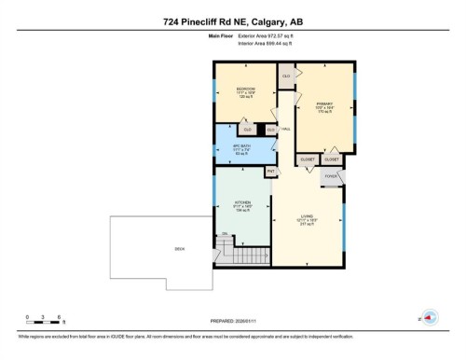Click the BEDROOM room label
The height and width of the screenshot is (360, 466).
245,90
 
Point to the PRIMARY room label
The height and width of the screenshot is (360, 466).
324,104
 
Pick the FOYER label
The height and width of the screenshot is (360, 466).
330,175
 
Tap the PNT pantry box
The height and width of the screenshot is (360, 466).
271,172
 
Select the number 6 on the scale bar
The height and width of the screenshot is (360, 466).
60,317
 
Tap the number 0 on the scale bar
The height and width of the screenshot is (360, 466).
28,317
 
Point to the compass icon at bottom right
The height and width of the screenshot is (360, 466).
429,317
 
